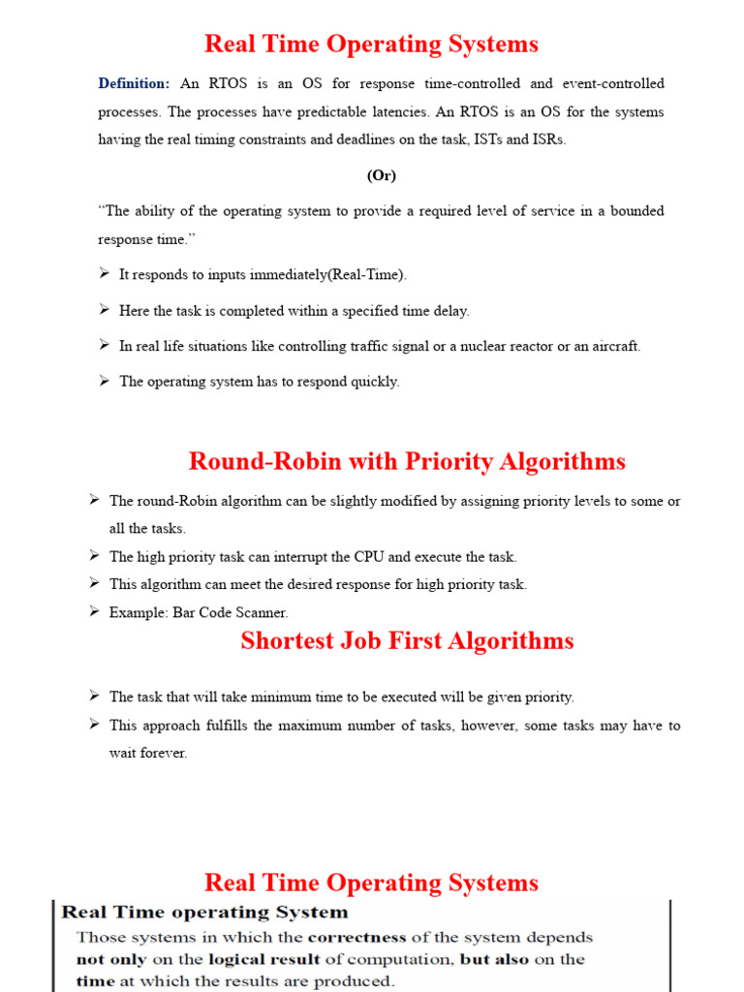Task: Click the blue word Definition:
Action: [134, 84]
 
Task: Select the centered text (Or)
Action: [381, 175]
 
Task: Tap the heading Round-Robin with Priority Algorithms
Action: [407, 461]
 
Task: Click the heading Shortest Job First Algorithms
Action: [407, 640]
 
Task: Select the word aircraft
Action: [613, 346]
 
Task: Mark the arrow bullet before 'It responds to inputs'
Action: [104, 274]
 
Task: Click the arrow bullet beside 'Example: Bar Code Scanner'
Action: [94, 611]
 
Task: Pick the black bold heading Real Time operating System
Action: [204, 912]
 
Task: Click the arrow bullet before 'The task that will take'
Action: [94, 696]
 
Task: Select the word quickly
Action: [376, 382]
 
